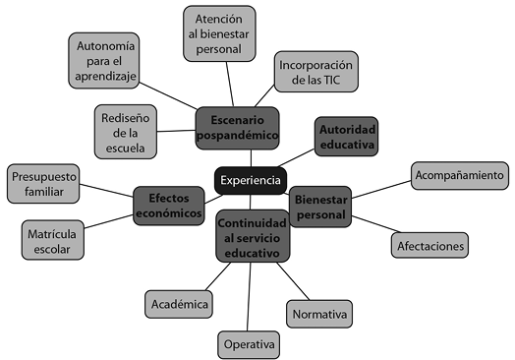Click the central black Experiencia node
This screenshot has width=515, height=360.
click(250, 180)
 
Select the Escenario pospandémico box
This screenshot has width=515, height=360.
click(237, 128)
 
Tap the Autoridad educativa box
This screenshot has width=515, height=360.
click(347, 138)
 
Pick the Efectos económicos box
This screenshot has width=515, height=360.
click(168, 205)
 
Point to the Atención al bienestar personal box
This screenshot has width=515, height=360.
click(218, 33)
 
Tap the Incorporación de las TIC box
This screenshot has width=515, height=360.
click(315, 71)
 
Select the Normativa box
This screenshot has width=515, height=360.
click(319, 315)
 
